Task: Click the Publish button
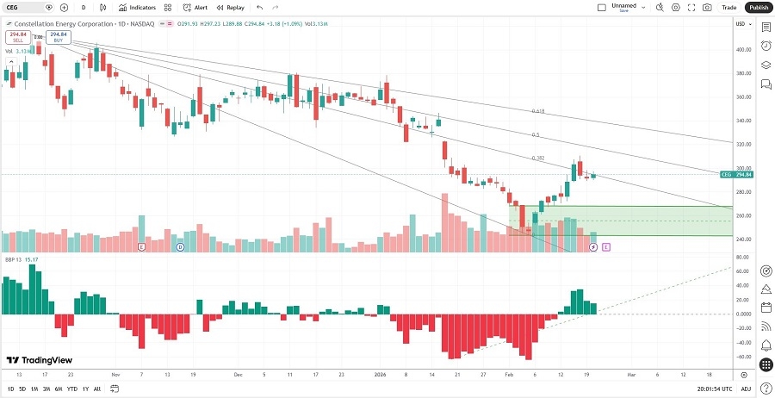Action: pyautogui.click(x=758, y=7)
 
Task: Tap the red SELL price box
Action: pyautogui.click(x=16, y=37)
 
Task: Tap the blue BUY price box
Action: pyautogui.click(x=58, y=37)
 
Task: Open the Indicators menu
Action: pyautogui.click(x=137, y=7)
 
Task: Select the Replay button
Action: pyautogui.click(x=230, y=7)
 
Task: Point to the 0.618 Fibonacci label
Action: pyautogui.click(x=537, y=111)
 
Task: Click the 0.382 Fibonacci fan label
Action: pyautogui.click(x=537, y=159)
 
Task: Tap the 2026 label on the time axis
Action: pyautogui.click(x=380, y=375)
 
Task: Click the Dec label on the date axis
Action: pyautogui.click(x=237, y=375)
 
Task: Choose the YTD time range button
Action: pyautogui.click(x=71, y=389)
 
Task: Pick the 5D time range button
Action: pyautogui.click(x=22, y=389)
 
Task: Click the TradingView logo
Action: pyautogui.click(x=40, y=360)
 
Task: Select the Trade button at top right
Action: pyautogui.click(x=728, y=7)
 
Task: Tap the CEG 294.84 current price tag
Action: pyautogui.click(x=737, y=174)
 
